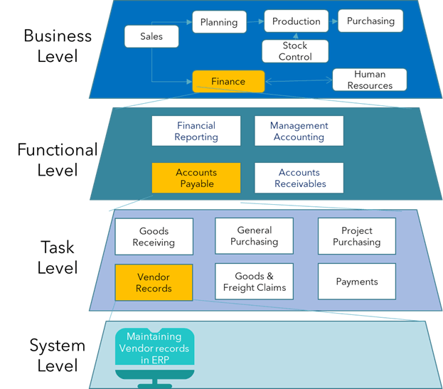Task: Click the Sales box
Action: [151, 36]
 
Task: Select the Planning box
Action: [219, 21]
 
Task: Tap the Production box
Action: [297, 21]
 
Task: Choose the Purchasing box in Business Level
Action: [370, 21]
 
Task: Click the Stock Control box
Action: [295, 51]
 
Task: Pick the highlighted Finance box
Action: [228, 81]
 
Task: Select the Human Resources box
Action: [370, 80]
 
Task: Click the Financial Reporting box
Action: [196, 131]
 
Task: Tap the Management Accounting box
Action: [299, 131]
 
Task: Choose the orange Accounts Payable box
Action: [196, 178]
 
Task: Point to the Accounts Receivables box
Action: [299, 178]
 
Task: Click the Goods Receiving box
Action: [154, 237]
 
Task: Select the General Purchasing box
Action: [254, 236]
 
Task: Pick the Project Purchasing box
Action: [356, 236]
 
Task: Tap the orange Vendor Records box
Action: [154, 282]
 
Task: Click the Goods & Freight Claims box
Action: [254, 282]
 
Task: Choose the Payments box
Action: [356, 282]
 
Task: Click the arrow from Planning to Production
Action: [255, 21]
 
